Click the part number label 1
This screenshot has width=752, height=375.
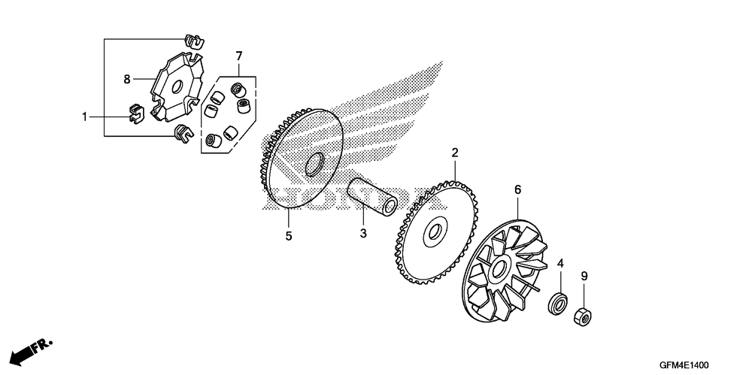(x=85, y=116)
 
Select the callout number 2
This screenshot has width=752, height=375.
(x=455, y=153)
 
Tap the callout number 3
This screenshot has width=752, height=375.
(x=362, y=233)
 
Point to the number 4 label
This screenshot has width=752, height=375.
(x=559, y=263)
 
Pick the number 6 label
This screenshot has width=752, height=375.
(x=517, y=189)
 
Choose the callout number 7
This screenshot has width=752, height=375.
(x=238, y=56)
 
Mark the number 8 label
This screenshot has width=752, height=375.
(x=127, y=77)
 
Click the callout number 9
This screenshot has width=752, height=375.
(x=584, y=276)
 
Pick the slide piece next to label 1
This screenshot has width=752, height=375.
(x=134, y=113)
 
